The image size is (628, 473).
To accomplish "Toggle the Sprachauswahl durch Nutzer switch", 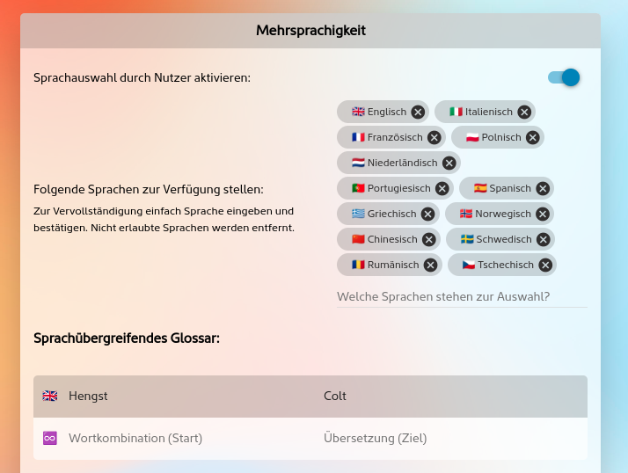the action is (x=564, y=77).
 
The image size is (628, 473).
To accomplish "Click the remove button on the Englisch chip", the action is (x=418, y=113).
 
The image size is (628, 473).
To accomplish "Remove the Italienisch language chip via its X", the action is (x=524, y=113).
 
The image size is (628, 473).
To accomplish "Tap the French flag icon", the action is (x=358, y=137).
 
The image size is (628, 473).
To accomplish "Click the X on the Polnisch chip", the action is (x=533, y=138).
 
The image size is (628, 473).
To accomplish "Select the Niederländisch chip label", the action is (x=402, y=163).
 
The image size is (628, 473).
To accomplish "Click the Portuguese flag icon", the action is (x=358, y=188).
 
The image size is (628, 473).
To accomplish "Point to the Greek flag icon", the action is (x=358, y=214).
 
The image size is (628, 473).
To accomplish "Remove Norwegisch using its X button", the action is (x=543, y=215).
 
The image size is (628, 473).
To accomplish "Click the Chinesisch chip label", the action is (x=392, y=239).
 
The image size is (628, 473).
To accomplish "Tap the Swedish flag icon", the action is (x=467, y=239).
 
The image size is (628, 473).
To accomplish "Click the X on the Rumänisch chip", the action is (x=431, y=266).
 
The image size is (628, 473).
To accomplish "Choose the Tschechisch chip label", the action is (x=506, y=265).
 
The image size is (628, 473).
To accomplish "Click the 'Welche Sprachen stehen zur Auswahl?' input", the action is (x=462, y=297).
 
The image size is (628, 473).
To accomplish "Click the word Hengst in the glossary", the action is (x=88, y=397).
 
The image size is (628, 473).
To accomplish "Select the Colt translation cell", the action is (x=335, y=397).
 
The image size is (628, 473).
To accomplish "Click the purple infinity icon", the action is (x=49, y=438).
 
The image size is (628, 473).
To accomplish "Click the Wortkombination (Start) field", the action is (x=135, y=438).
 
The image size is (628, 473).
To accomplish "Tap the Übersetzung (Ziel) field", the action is (x=376, y=438).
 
